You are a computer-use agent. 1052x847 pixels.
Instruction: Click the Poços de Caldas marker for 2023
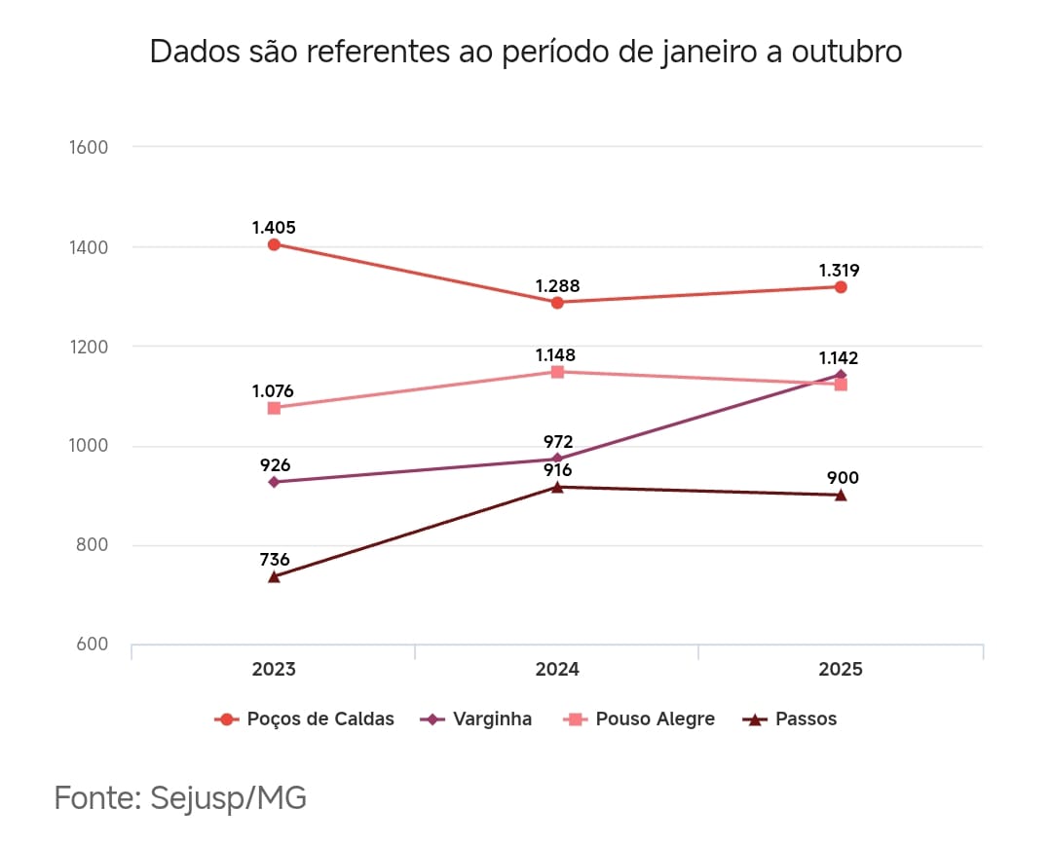[x=274, y=244]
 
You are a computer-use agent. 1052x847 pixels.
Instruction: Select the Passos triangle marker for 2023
[x=274, y=576]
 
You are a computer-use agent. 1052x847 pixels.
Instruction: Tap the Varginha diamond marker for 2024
[x=557, y=459]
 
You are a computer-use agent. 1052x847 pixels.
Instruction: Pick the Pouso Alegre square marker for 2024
[x=557, y=371]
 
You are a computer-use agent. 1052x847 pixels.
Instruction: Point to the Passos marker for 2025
[x=840, y=495]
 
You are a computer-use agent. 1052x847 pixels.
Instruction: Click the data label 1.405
[x=274, y=228]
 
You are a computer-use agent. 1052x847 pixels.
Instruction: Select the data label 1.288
[x=557, y=286]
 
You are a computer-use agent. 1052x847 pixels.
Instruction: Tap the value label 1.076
[x=273, y=391]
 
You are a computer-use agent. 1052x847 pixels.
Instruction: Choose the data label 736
[x=274, y=560]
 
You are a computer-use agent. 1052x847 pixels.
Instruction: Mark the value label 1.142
[x=839, y=358]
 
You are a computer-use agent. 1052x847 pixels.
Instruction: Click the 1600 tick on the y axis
[x=89, y=147]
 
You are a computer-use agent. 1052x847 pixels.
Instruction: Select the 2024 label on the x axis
[x=557, y=670]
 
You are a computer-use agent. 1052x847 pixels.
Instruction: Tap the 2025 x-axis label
[x=840, y=670]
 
